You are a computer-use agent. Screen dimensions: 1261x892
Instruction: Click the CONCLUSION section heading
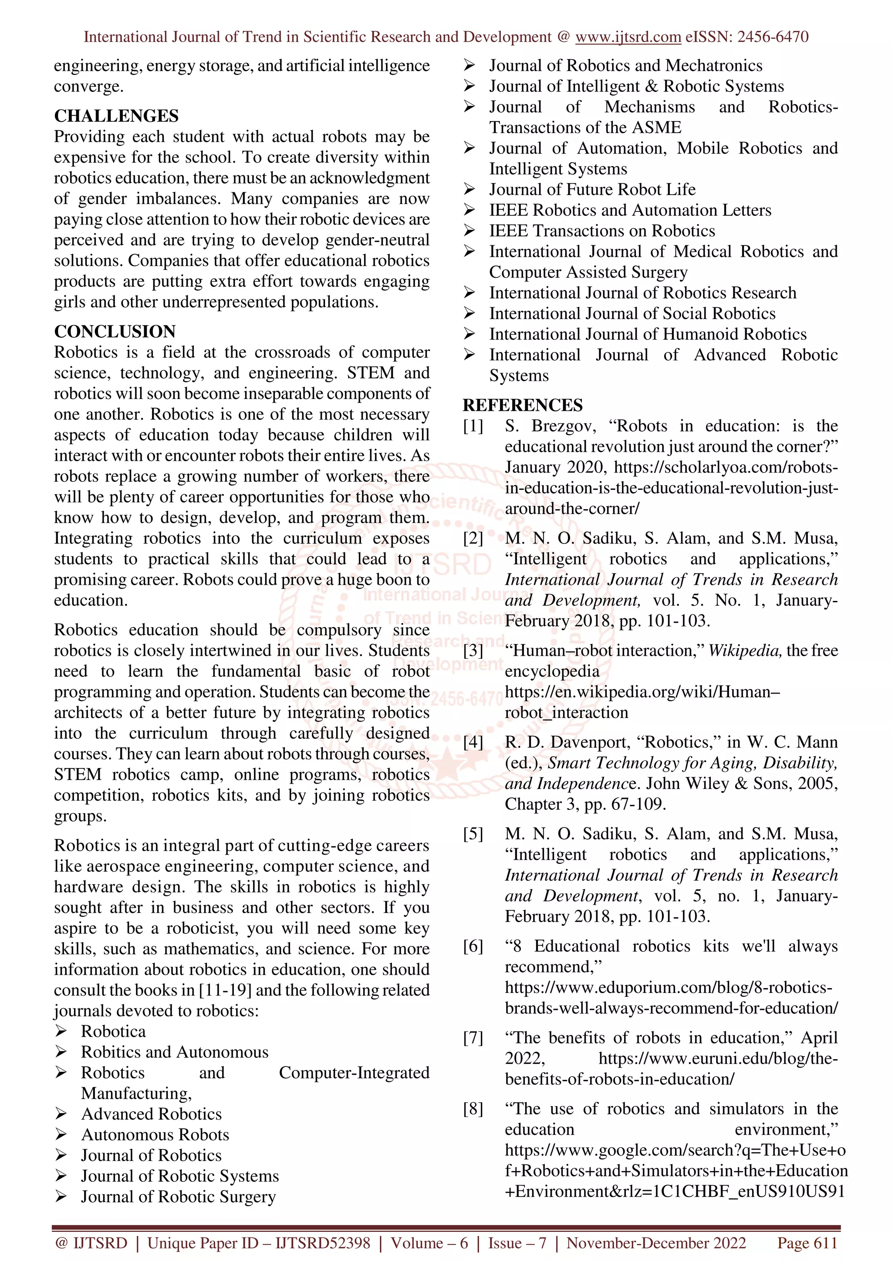(115, 331)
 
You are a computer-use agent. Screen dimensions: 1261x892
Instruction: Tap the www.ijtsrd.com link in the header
(628, 37)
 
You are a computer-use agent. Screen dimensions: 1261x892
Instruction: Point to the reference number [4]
(473, 742)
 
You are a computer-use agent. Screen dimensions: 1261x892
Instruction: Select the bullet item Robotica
(113, 1031)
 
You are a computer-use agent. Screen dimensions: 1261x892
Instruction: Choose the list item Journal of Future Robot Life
(592, 189)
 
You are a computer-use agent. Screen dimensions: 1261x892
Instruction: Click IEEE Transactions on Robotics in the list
(602, 231)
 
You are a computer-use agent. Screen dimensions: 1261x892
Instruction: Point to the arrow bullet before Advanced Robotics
(61, 1114)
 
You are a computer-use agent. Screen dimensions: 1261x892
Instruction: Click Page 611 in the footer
(807, 1243)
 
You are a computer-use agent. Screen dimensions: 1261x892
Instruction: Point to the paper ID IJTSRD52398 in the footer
(323, 1243)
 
